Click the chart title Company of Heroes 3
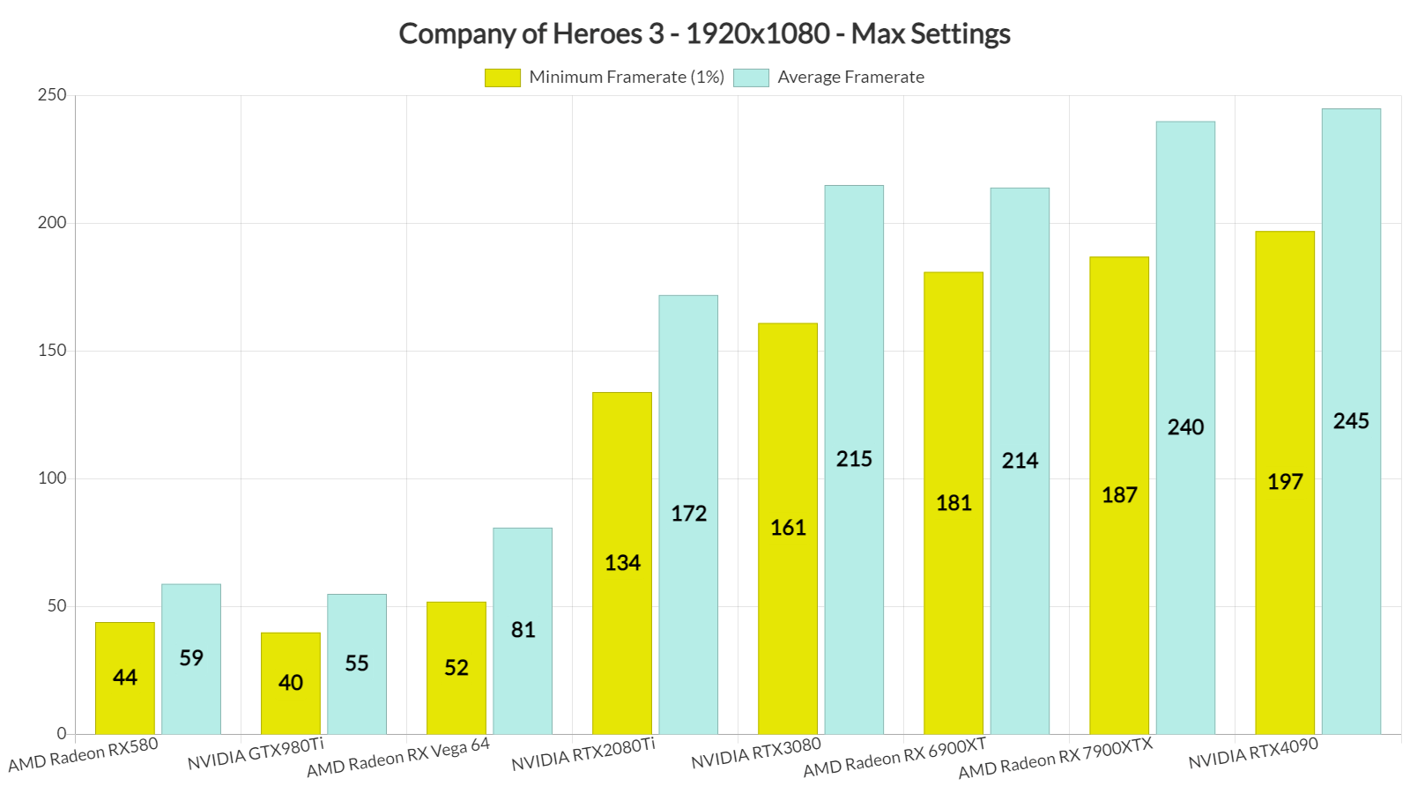click(704, 33)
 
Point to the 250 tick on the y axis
click(52, 95)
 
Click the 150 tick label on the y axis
click(52, 351)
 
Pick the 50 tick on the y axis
click(56, 606)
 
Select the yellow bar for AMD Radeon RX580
click(125, 678)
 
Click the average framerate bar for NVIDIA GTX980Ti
click(357, 663)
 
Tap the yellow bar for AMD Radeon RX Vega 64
click(456, 667)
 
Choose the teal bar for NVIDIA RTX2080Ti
click(688, 514)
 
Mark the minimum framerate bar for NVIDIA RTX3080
click(788, 528)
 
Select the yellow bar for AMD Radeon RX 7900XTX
click(1119, 494)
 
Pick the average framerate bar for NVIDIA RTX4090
click(1351, 420)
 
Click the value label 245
click(1351, 420)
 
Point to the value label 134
click(622, 563)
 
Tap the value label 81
click(523, 630)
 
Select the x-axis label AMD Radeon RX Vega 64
click(398, 758)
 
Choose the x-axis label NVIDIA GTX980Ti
click(256, 754)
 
